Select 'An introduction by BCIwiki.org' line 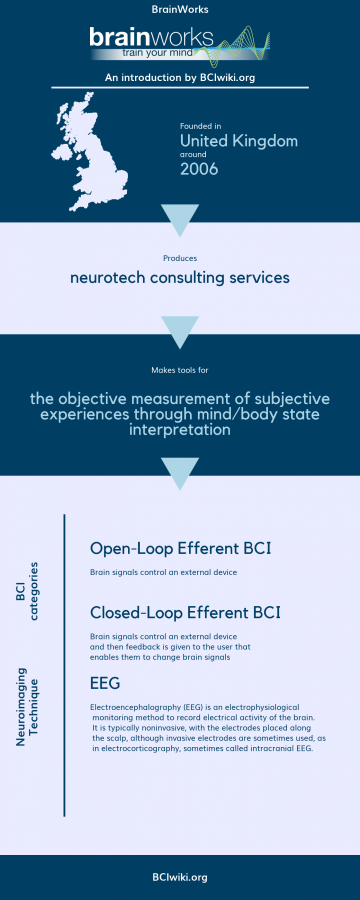coord(180,76)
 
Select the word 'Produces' coord(180,257)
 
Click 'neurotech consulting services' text coord(180,277)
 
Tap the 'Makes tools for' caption coord(180,371)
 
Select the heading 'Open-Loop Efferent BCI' coord(180,548)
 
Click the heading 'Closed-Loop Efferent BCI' coord(185,611)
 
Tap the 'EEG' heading coord(105,683)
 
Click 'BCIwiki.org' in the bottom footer coord(180,876)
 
